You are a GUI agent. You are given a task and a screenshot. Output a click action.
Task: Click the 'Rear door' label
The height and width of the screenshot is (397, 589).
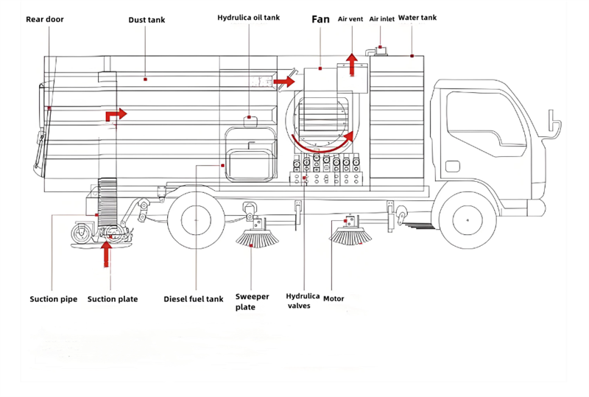(45, 19)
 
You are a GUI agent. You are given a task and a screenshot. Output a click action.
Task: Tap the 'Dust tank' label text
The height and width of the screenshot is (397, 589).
(147, 20)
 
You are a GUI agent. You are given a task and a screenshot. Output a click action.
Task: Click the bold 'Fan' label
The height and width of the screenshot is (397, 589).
(320, 19)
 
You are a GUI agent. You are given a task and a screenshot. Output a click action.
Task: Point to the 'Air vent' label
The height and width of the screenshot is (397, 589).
(352, 18)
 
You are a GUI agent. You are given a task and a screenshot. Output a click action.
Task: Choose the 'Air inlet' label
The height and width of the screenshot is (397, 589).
(381, 18)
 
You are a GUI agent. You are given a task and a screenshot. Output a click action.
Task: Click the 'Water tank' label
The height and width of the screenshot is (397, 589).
(417, 18)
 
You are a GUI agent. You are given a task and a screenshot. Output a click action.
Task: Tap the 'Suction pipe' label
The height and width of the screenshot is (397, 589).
(54, 299)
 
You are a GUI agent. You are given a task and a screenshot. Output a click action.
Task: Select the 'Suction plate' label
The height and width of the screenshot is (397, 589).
(113, 299)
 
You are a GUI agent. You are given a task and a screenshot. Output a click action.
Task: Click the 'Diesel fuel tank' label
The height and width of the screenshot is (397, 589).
(193, 299)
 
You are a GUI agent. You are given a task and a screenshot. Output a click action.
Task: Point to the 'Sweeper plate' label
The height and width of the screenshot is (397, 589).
(252, 302)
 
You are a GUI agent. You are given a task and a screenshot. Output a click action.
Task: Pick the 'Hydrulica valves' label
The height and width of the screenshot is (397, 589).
(303, 301)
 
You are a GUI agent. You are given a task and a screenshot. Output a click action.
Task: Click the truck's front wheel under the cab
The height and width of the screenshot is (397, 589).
(465, 219)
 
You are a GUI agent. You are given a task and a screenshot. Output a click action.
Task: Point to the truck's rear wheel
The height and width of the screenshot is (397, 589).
(194, 219)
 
